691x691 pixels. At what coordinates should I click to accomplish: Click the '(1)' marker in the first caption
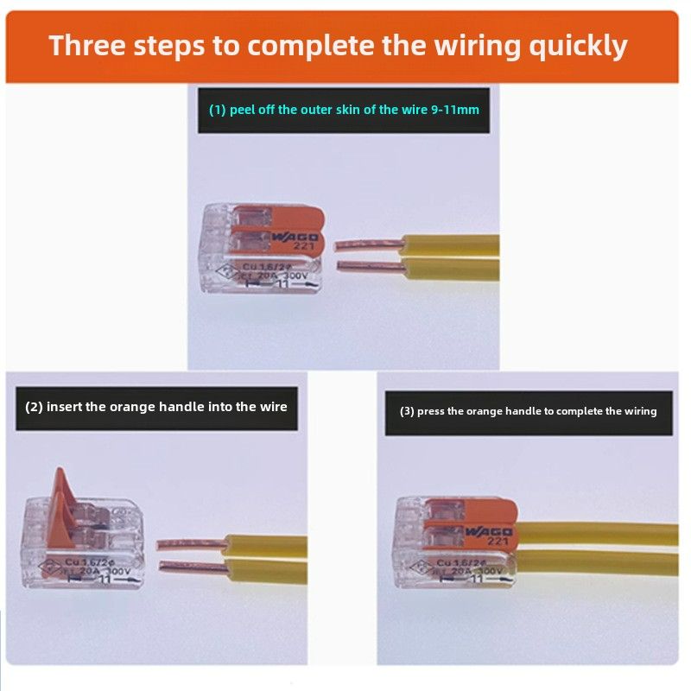point(218,110)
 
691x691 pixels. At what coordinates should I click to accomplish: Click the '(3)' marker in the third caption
point(407,411)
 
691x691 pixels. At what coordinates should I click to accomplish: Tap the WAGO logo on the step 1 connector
point(295,236)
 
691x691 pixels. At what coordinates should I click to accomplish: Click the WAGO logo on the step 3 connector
point(488,530)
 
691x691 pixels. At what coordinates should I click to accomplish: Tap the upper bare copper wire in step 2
point(190,544)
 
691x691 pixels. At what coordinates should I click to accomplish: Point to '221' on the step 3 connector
point(497,542)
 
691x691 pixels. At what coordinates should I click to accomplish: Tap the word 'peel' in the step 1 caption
point(244,110)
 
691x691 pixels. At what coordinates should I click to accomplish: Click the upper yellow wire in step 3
point(596,533)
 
